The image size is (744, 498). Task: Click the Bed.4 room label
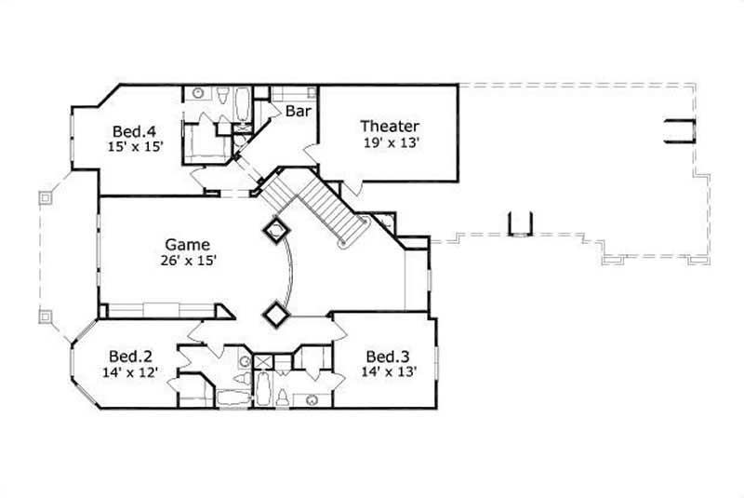click(132, 130)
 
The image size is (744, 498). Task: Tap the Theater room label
click(390, 127)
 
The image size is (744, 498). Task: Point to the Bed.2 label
click(130, 357)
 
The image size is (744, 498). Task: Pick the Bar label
click(298, 111)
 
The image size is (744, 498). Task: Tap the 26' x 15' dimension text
click(188, 262)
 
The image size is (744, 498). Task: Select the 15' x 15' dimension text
click(132, 147)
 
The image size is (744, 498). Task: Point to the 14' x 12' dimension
click(130, 372)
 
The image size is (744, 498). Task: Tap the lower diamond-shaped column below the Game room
click(275, 315)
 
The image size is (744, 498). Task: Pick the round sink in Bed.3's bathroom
click(312, 400)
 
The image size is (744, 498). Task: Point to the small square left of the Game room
click(43, 198)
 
